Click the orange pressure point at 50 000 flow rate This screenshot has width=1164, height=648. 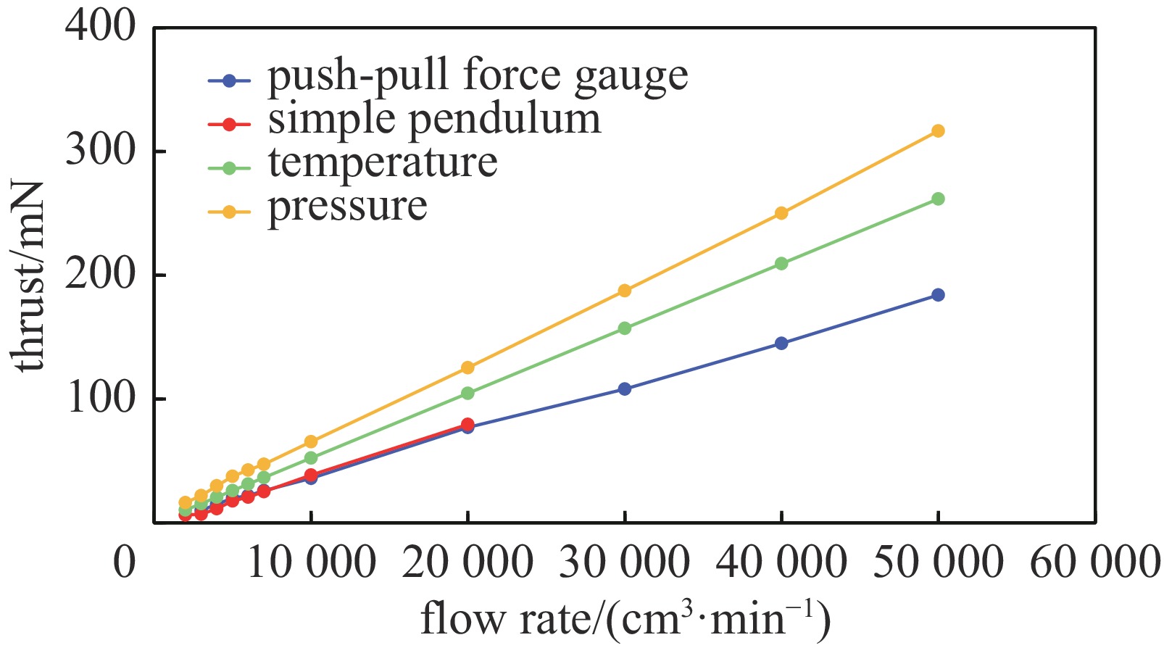[938, 131]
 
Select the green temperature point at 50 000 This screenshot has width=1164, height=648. [938, 199]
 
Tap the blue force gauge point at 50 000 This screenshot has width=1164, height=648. [938, 295]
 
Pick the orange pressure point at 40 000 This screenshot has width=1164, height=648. [781, 213]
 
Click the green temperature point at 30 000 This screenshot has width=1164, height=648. [624, 328]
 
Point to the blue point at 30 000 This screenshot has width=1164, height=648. [624, 389]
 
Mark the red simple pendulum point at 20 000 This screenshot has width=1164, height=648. [467, 424]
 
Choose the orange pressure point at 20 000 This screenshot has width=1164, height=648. [467, 367]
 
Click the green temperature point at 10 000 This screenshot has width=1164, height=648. [311, 458]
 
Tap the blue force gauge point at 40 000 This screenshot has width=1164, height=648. [781, 344]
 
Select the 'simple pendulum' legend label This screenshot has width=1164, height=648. [434, 120]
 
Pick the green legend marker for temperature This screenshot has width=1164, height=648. [229, 168]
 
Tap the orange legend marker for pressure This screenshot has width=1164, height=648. [229, 212]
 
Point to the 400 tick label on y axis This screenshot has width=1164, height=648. [100, 28]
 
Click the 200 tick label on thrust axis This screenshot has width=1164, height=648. [100, 275]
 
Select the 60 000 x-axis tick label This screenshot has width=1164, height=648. [1094, 563]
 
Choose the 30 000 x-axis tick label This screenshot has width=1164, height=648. [624, 563]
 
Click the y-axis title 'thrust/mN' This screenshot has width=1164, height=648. [29, 275]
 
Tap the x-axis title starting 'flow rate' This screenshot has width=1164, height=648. [625, 620]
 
